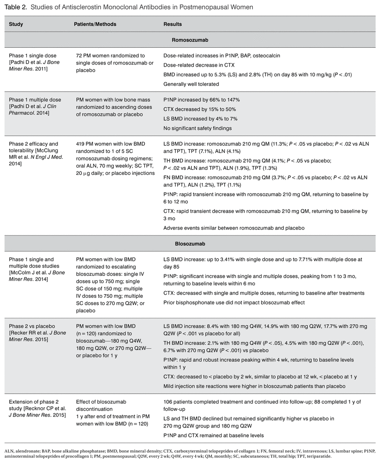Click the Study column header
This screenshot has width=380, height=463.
pos(16,24)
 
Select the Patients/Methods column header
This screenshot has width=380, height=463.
pos(95,24)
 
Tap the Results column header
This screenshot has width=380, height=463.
pos(172,24)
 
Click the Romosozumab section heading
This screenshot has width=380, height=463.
pos(190,39)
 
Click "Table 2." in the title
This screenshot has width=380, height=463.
pos(16,7)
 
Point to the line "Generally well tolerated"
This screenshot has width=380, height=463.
pos(191,84)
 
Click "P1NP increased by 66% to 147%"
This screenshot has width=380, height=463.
pos(201,100)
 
